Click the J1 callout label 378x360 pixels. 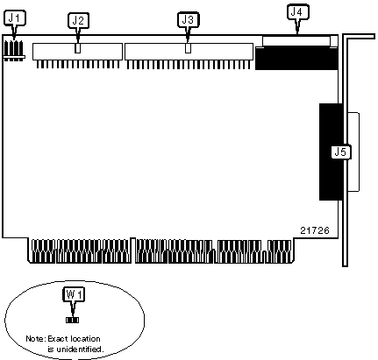tap(15, 18)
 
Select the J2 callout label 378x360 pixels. tap(78, 20)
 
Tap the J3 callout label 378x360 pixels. tap(188, 19)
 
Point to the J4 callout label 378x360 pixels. tap(298, 12)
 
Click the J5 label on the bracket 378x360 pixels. tap(341, 152)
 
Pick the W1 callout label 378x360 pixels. tap(74, 294)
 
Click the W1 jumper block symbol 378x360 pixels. tap(72, 321)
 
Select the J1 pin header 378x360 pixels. tap(14, 50)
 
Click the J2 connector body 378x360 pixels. tap(77, 52)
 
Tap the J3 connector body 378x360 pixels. tap(189, 52)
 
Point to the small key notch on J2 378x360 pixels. tap(77, 48)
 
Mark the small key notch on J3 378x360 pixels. tap(189, 48)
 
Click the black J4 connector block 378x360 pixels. tap(296, 59)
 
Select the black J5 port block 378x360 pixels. tap(331, 152)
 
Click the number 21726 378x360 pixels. tap(315, 230)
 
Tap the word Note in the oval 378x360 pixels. tap(35, 339)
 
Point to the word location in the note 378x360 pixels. tap(85, 339)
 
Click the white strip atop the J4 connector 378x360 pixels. tap(296, 41)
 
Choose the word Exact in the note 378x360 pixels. tap(57, 339)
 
